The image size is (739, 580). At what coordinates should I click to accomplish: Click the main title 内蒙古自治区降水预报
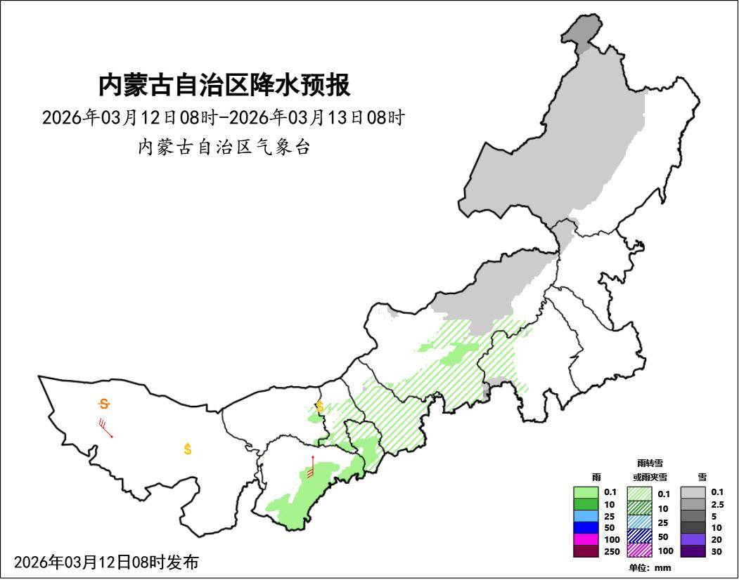[224, 85]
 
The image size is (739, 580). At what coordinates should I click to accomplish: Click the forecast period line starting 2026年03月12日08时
[223, 117]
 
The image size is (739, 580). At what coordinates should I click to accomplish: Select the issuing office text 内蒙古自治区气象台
[224, 147]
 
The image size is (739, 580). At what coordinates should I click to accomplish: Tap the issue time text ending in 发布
[106, 562]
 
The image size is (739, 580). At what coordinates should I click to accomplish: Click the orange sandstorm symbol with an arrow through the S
[104, 404]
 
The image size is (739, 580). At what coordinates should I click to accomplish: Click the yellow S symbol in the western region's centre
[188, 449]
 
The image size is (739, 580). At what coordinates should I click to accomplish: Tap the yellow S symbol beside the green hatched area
[320, 406]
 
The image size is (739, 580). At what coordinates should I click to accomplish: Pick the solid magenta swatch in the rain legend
[586, 539]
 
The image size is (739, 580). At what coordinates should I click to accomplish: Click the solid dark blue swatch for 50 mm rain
[586, 527]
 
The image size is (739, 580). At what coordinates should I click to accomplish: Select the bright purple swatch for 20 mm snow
[693, 539]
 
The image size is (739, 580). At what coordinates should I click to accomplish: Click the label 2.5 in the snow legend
[716, 504]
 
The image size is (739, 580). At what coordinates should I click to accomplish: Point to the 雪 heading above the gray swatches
[702, 477]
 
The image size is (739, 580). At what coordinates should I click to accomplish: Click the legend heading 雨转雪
[649, 463]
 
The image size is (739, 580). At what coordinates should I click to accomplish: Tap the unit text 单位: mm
[650, 567]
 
